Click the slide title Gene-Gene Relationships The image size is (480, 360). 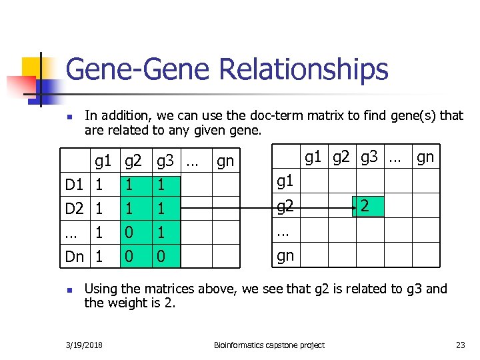[227, 69]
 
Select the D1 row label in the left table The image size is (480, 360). [74, 183]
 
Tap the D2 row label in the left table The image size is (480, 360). [74, 208]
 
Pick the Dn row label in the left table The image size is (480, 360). [74, 256]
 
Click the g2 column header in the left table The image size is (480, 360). [133, 161]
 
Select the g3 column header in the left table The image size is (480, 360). [165, 161]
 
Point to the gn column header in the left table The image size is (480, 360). [225, 161]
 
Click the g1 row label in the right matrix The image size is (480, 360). [285, 181]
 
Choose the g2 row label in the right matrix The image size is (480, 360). [285, 207]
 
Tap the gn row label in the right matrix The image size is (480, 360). [285, 256]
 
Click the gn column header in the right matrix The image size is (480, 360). [425, 157]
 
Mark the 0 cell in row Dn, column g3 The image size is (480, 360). [162, 256]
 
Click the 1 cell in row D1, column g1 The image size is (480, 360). [99, 183]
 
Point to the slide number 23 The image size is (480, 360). [460, 345]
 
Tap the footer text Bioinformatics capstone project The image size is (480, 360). [269, 345]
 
